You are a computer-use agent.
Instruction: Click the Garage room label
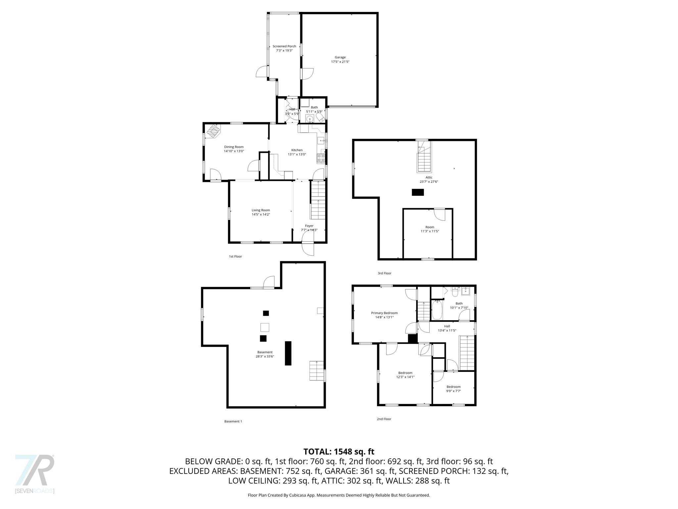[340, 57]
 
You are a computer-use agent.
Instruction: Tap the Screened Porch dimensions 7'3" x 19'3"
[284, 51]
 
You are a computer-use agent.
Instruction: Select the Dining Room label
[234, 147]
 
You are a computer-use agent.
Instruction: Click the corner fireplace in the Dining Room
[213, 131]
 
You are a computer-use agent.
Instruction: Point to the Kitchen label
[297, 150]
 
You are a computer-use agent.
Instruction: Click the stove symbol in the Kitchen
[321, 158]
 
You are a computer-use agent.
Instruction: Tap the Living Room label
[261, 210]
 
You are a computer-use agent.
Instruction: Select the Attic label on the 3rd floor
[429, 177]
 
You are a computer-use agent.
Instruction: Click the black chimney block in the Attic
[418, 192]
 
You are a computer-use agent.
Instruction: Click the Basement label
[265, 352]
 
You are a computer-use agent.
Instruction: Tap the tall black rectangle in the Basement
[288, 353]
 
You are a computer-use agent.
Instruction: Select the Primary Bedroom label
[384, 313]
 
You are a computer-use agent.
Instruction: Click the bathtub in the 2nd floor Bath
[437, 310]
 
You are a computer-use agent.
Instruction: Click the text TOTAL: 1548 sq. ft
[339, 452]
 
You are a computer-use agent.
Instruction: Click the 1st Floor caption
[235, 256]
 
